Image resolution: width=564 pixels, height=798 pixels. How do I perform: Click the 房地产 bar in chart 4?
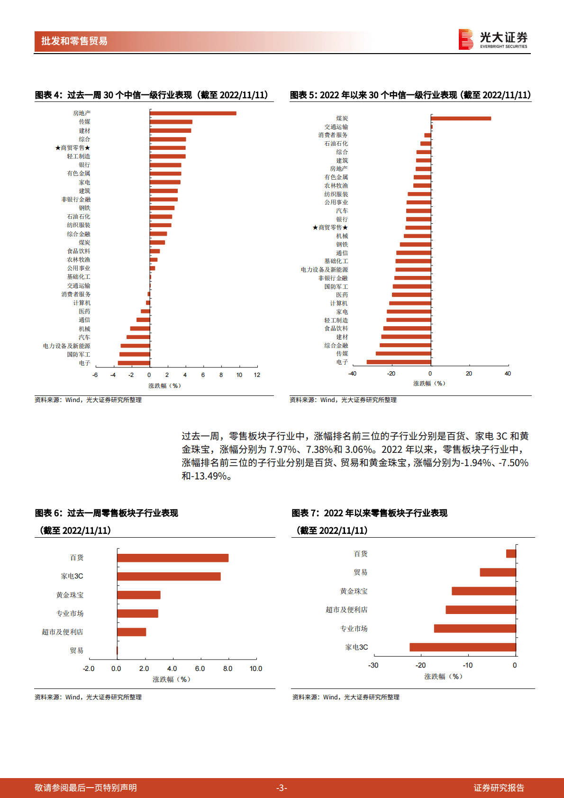coord(193,113)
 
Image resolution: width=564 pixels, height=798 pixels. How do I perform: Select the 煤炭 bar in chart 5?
coord(461,119)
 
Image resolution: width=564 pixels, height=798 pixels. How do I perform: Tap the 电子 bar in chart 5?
coord(399,362)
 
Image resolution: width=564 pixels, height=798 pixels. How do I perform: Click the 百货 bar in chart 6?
coord(173,558)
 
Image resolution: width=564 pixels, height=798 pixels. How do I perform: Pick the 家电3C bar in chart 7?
coord(463,647)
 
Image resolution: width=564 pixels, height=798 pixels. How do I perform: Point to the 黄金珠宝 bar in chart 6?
coord(139,595)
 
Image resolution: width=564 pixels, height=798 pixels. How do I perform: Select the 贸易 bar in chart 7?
coord(498,572)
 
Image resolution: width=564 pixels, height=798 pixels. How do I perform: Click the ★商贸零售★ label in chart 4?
coord(73,148)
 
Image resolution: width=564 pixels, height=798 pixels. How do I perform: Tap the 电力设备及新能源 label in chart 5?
coord(324,270)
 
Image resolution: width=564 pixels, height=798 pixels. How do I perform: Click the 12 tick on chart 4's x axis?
coord(257,375)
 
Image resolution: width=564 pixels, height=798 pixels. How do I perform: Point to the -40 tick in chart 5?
coord(352,374)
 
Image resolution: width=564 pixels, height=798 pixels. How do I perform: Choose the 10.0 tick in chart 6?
coord(256,669)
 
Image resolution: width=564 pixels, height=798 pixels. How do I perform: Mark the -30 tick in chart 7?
coord(373,665)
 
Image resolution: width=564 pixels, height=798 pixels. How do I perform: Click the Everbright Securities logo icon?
coord(465,39)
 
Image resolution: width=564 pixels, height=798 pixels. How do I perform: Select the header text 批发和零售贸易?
coord(74,41)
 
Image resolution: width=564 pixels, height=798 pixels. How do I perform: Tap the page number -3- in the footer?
coord(282,788)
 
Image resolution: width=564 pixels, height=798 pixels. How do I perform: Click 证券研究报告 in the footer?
coord(499,788)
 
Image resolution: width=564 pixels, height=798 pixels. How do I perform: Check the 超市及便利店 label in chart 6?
coord(62,632)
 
